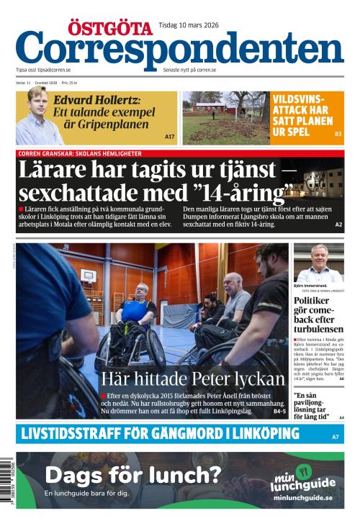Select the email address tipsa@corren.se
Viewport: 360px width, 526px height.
point(54,71)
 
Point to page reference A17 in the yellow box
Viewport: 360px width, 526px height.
point(170,137)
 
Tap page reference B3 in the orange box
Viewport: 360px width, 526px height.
point(338,135)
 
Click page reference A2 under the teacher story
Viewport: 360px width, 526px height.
point(338,225)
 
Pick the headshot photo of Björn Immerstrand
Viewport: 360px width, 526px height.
point(318,263)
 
